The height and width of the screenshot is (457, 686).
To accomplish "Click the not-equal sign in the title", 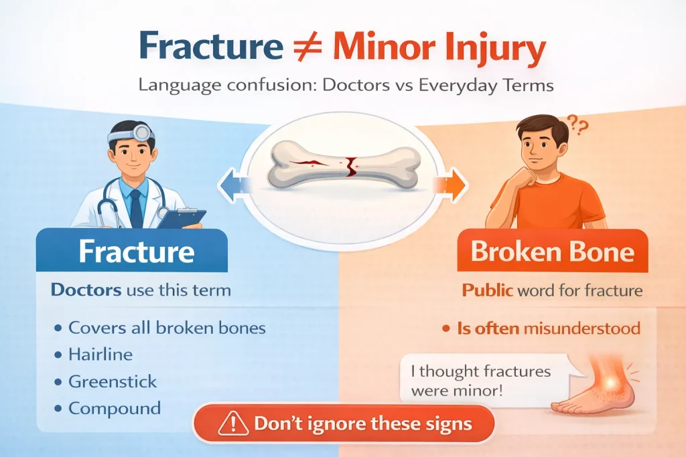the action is (307, 45).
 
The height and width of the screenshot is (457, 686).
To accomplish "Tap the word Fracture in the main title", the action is (211, 45).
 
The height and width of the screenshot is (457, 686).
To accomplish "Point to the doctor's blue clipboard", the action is (181, 218).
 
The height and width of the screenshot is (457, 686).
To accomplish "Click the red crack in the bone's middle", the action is (350, 167).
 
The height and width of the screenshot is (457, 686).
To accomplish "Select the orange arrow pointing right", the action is (451, 185).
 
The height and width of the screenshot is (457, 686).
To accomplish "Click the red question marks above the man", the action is (578, 125).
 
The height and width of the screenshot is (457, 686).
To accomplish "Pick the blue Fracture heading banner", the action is (132, 250).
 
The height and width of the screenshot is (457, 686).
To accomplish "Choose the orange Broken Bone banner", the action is (553, 250).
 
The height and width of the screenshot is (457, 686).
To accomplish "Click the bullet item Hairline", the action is (100, 355).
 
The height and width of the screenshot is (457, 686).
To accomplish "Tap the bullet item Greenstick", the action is (113, 381).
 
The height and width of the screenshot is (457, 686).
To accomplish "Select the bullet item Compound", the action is (115, 409).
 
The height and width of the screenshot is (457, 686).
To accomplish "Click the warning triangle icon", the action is (233, 424).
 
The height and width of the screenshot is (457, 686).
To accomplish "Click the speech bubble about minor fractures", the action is (486, 379).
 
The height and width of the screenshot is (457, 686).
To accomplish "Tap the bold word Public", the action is (488, 290).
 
